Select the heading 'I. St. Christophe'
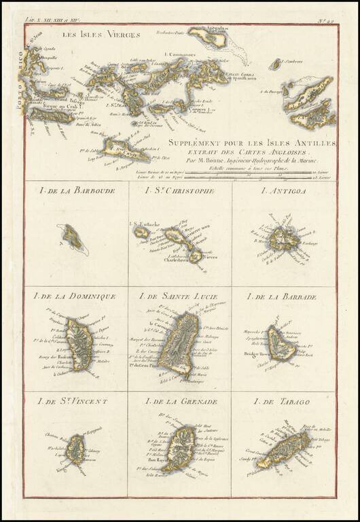(x=180, y=191)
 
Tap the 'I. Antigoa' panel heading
(x=283, y=191)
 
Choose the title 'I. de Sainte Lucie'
(x=179, y=296)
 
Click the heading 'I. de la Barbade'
(x=283, y=296)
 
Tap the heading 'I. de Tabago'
(x=283, y=402)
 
